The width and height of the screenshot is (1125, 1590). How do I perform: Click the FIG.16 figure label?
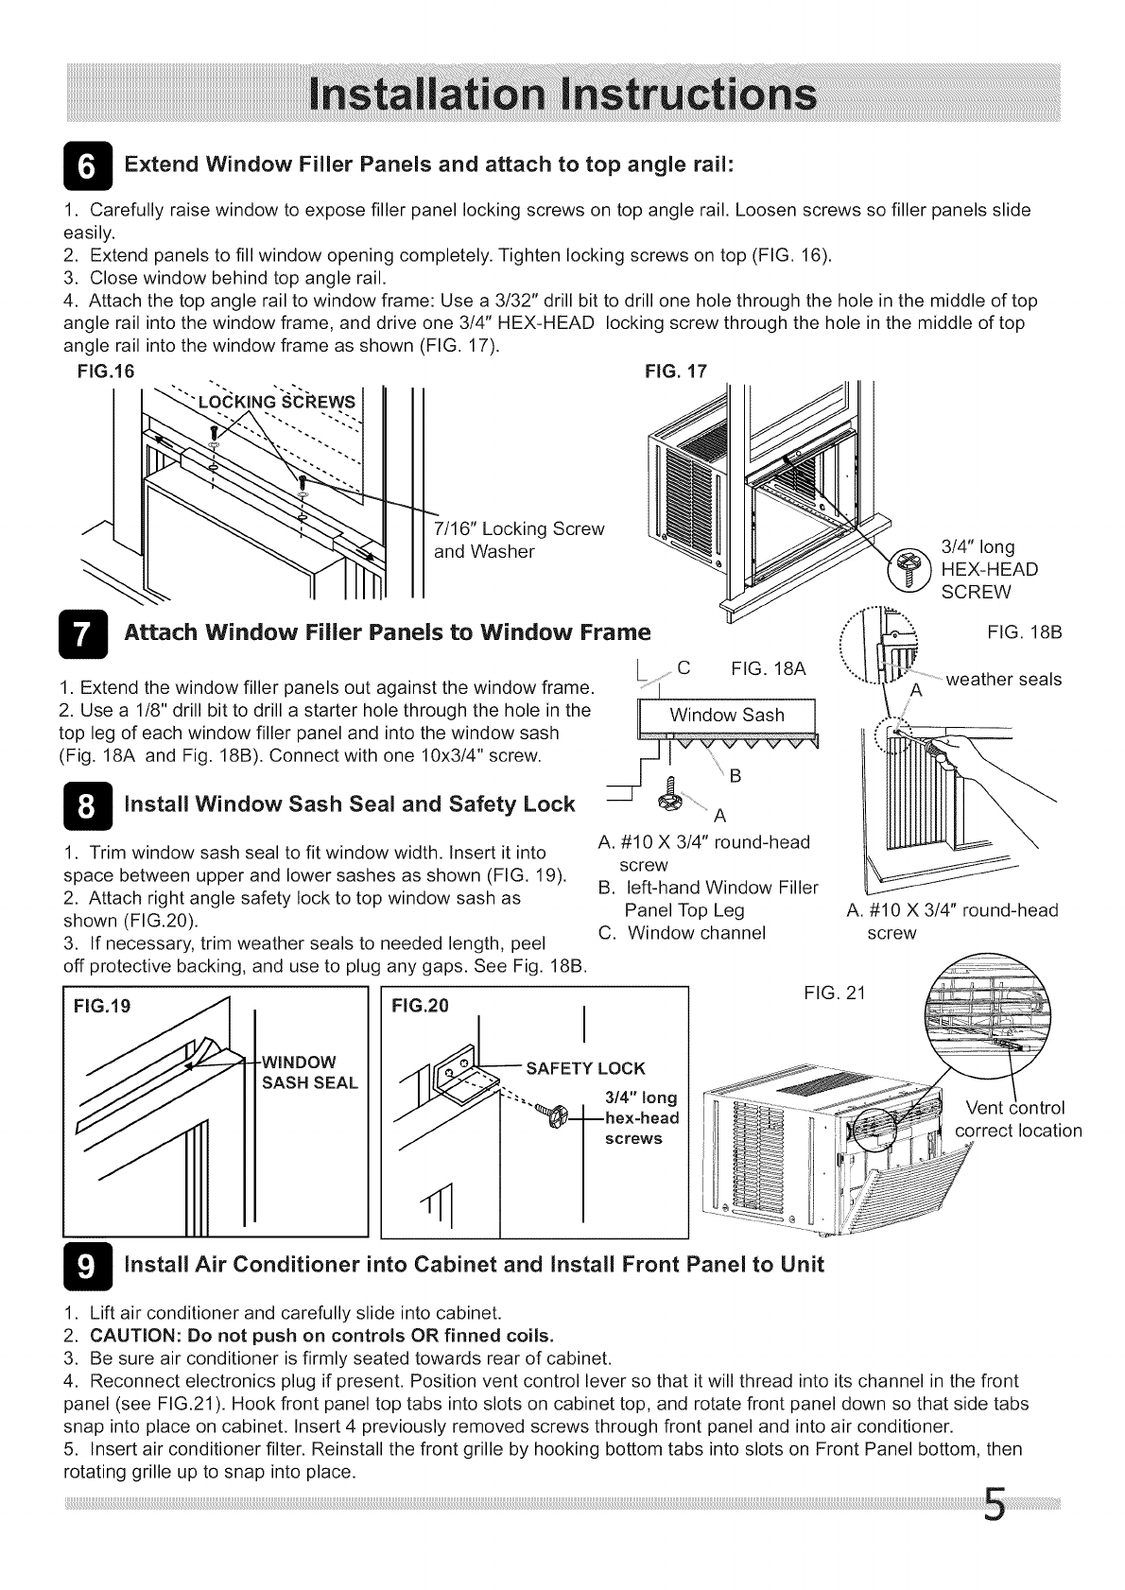[105, 372]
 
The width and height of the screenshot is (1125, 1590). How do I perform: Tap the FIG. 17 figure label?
[675, 372]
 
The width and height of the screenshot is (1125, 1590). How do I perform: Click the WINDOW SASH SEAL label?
[309, 1072]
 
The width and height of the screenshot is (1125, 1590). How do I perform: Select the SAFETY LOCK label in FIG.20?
[585, 1069]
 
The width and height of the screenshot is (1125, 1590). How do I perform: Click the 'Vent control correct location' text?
[1017, 1119]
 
